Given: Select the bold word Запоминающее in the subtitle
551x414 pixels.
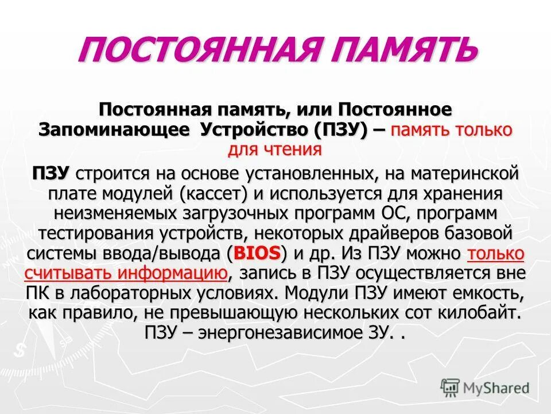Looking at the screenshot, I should click(114, 129).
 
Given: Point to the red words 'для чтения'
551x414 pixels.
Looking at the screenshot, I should click(275, 149).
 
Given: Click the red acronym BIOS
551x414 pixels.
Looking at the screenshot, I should click(259, 252).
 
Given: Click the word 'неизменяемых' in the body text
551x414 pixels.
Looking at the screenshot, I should click(112, 213).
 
